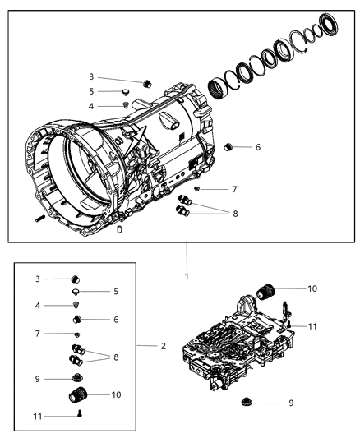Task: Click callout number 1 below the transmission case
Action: click(187, 276)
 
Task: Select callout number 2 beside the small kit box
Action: click(164, 346)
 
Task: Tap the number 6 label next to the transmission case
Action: click(257, 147)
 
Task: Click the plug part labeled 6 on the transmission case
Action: click(231, 147)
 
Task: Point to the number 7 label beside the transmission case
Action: click(234, 189)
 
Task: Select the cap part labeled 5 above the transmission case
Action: click(126, 92)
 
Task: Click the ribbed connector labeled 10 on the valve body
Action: click(265, 290)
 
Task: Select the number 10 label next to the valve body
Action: click(312, 288)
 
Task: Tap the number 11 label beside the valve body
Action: click(313, 327)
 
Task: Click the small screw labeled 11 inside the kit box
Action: click(77, 415)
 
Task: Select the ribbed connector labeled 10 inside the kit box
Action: click(77, 396)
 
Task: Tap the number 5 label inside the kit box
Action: click(116, 291)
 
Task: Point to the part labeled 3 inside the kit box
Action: click(75, 278)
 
